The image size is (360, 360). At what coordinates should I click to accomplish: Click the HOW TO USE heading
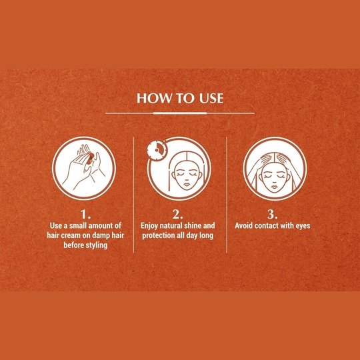coord(180,98)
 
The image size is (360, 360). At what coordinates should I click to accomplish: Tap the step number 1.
coord(85,215)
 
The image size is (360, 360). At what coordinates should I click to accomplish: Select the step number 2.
coord(178,215)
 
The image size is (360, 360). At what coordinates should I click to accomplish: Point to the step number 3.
coord(273,215)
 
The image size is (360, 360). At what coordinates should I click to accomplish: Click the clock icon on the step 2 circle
coord(157,150)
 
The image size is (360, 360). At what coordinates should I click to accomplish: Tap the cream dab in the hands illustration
coord(89,159)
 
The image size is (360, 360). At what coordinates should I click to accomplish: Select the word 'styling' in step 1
coord(96,245)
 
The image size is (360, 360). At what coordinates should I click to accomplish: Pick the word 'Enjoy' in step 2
coord(149,226)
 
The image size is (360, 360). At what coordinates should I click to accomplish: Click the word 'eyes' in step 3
coord(303,226)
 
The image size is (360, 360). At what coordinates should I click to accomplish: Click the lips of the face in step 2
coord(187,185)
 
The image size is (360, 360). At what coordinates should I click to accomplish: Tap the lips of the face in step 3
coord(275,186)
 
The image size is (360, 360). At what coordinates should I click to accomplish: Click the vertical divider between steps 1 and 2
coord(133,195)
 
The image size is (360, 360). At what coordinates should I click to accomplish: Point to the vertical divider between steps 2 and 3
coord(227,195)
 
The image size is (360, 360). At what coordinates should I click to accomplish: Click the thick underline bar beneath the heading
coord(180,113)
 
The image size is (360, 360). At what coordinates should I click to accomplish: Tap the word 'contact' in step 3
coord(266,226)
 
